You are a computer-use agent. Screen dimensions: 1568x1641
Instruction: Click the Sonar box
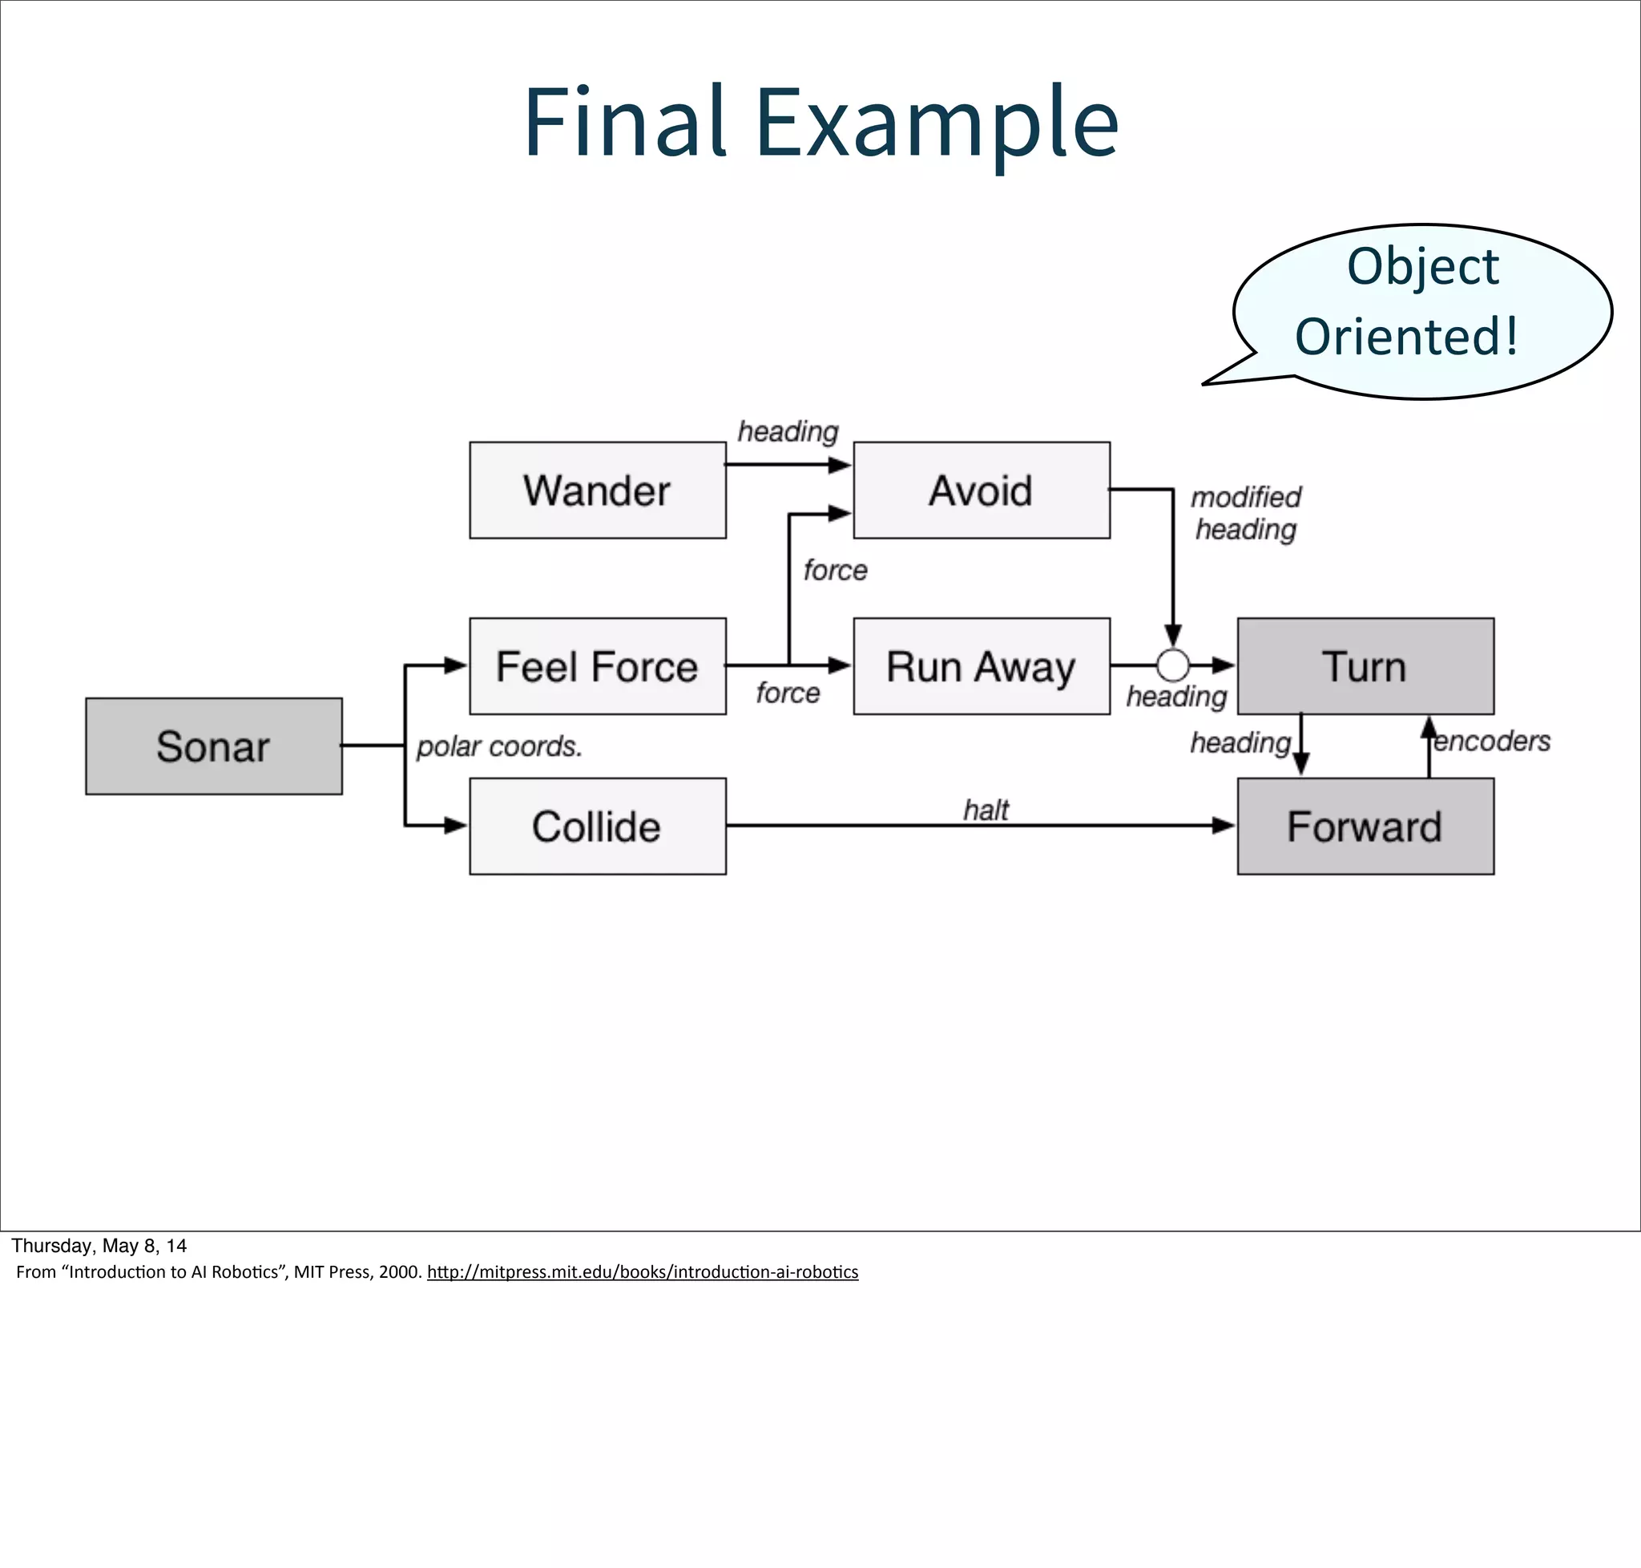[214, 746]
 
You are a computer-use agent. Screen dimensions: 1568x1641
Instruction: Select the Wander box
[598, 490]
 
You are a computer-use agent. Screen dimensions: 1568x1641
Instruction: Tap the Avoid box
[982, 490]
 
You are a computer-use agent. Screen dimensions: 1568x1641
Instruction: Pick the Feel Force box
[598, 666]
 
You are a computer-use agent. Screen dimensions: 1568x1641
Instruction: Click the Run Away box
[982, 666]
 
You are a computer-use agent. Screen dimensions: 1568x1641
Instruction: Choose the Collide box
[598, 826]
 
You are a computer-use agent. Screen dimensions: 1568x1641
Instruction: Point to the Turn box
[1365, 666]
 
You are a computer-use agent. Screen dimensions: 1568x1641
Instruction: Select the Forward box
[1365, 826]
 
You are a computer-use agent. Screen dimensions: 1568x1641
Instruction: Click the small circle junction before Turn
[1172, 665]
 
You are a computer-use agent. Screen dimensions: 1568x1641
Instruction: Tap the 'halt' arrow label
[986, 809]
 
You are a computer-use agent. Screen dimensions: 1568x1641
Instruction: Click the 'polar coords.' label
[499, 746]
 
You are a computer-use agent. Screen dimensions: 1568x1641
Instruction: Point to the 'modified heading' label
[1246, 512]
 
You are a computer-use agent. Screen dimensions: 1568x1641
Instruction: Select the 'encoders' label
[1492, 741]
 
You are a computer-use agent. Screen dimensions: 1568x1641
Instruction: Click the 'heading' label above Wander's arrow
[787, 431]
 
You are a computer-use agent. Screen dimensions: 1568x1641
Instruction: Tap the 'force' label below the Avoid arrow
[835, 570]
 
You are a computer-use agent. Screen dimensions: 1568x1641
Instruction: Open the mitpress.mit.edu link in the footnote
[642, 1271]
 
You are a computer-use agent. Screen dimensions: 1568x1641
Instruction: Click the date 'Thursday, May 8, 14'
[99, 1246]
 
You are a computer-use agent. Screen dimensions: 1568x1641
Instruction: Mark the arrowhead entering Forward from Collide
[1225, 826]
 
